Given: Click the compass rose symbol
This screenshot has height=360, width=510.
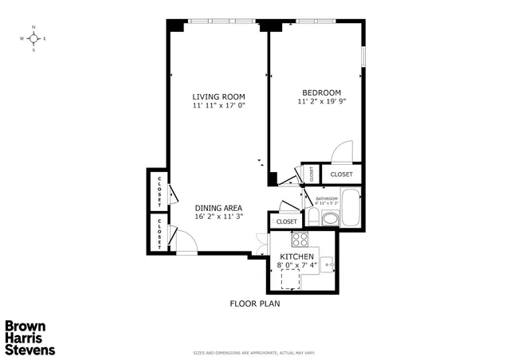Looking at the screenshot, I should (33, 38).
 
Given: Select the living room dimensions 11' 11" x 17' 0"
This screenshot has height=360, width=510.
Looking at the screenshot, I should (218, 105).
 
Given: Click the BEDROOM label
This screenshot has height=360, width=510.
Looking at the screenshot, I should (321, 92).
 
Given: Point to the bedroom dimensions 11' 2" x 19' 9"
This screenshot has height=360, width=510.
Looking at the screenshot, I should (321, 101).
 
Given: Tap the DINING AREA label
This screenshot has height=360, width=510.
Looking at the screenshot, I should (218, 208).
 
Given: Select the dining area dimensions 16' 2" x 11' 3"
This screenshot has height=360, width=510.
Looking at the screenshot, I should (218, 217).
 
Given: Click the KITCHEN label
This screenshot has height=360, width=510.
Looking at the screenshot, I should (296, 256).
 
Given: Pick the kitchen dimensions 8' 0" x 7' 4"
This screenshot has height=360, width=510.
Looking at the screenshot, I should (296, 264).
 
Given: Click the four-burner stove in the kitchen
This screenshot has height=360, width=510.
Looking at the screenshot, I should (300, 239).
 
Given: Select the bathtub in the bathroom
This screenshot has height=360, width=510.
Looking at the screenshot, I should (351, 208).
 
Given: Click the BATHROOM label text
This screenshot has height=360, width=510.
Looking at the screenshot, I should (327, 199).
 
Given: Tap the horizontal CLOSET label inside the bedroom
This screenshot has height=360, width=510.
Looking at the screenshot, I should (342, 174).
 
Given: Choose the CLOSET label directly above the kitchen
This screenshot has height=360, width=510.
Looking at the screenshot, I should (287, 221).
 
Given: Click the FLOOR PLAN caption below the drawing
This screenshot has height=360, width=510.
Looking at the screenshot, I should (254, 303).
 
